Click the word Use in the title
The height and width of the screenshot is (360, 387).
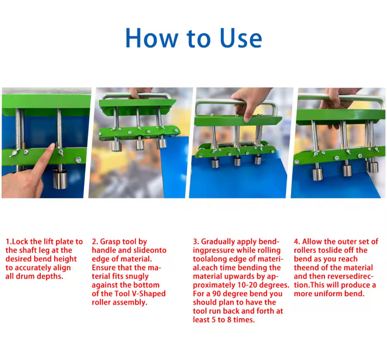point(241,38)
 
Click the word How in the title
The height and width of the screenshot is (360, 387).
point(152,38)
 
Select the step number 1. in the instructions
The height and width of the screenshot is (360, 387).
point(9,242)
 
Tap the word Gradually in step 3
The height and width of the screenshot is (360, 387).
point(218,242)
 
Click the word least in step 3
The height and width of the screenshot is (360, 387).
point(203,319)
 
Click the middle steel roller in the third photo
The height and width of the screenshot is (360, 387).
point(237,161)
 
